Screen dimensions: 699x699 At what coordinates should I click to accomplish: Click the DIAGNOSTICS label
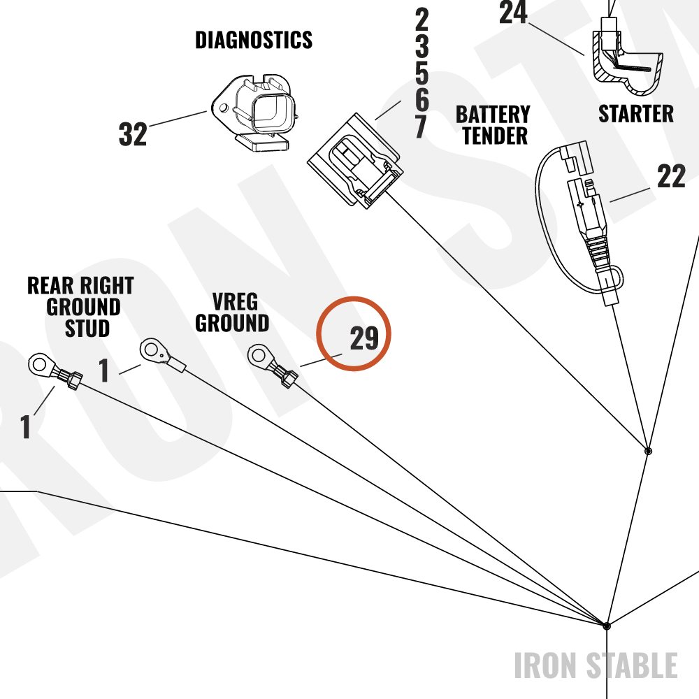click(254, 40)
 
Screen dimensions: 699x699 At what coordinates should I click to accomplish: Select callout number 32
click(132, 134)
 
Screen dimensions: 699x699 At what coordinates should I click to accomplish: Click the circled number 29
click(363, 338)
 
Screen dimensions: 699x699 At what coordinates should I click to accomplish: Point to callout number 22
click(671, 176)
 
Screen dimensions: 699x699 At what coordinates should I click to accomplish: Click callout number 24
click(513, 12)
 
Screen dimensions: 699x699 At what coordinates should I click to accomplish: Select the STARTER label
click(635, 114)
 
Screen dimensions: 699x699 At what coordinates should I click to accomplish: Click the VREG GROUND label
click(232, 312)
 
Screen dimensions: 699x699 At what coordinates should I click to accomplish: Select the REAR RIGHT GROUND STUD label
click(80, 307)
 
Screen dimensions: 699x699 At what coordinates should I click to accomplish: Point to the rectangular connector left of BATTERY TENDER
click(355, 161)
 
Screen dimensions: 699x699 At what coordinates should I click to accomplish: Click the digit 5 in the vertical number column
click(421, 72)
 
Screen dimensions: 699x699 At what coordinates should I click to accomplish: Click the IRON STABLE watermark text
click(596, 665)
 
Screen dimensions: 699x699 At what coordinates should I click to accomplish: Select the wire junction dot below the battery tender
click(648, 451)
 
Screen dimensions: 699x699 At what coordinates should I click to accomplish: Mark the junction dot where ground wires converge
click(606, 626)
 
